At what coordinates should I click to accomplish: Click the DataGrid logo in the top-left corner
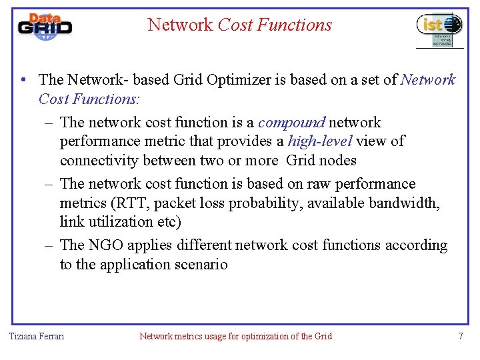[44, 27]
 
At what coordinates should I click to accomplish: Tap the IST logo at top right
[439, 29]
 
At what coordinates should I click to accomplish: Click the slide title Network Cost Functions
[239, 25]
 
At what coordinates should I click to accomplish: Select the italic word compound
[291, 123]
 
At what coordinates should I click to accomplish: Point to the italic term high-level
[319, 141]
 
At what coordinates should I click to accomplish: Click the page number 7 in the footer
[460, 336]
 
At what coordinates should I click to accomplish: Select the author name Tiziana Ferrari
[37, 336]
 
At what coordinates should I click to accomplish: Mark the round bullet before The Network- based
[23, 80]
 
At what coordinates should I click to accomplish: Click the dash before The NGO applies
[49, 245]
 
